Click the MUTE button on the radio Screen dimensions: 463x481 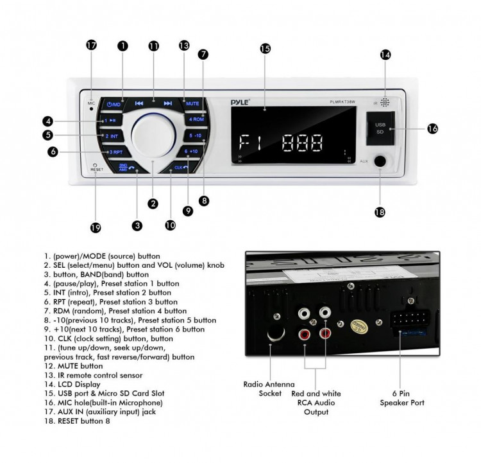coord(192,103)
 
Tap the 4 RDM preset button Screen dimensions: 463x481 coord(195,119)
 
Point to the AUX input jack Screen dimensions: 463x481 coord(380,162)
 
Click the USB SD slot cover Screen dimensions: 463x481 coord(373,128)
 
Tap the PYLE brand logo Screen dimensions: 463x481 coord(240,101)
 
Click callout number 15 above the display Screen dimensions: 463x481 coord(266,49)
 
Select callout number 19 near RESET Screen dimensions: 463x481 coord(96,227)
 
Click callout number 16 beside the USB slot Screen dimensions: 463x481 coord(432,128)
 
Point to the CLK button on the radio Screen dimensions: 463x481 coord(182,167)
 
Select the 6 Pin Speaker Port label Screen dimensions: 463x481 coord(402,398)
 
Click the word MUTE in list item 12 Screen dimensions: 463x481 coord(65,365)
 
